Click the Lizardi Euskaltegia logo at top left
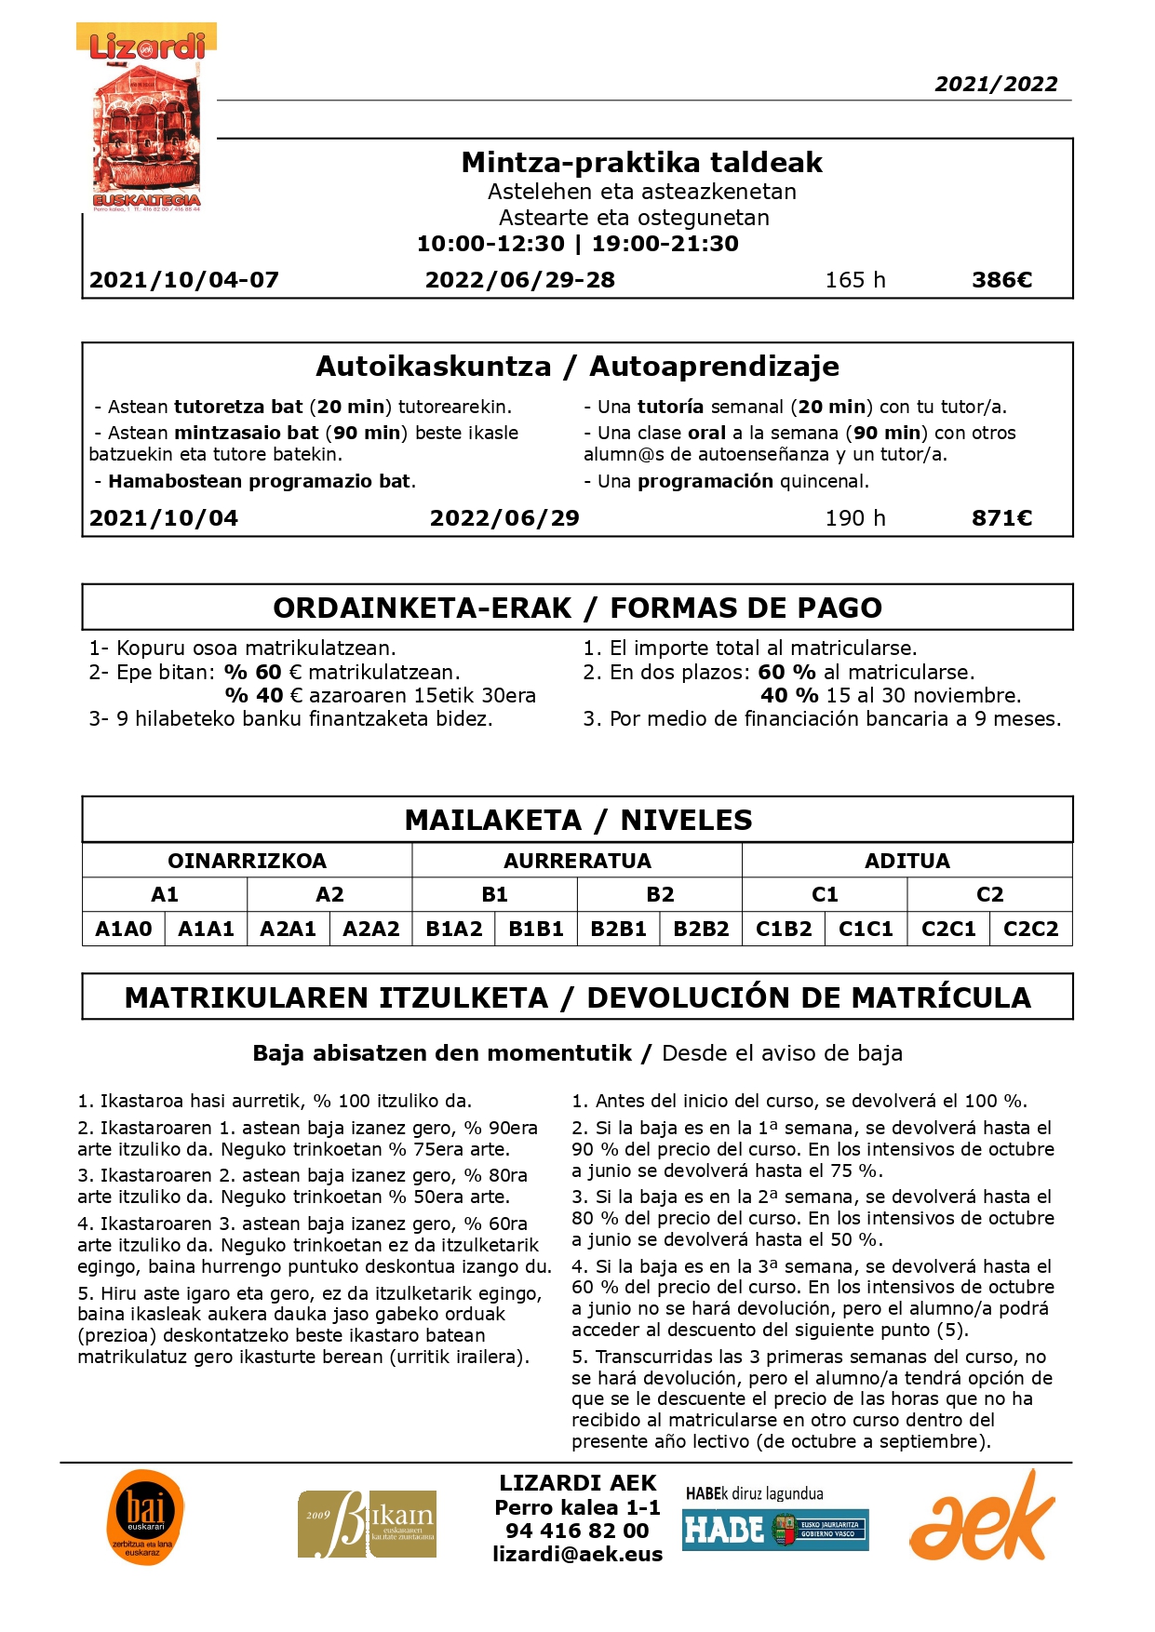[x=146, y=118]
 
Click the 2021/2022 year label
[x=996, y=84]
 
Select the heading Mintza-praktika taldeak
[x=641, y=162]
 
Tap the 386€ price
[x=1001, y=280]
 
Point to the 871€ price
[x=1001, y=518]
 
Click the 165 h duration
[x=854, y=280]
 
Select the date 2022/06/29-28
[x=519, y=280]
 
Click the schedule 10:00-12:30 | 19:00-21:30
[x=577, y=244]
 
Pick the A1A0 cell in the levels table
[x=124, y=929]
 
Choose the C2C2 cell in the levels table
[x=1030, y=929]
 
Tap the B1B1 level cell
[x=536, y=929]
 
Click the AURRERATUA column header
[x=577, y=861]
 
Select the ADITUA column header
[x=907, y=861]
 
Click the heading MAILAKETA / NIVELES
[x=578, y=820]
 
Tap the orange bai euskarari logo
[x=145, y=1518]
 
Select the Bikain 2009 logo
[x=367, y=1524]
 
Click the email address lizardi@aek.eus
[x=577, y=1554]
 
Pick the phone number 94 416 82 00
[x=577, y=1531]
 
